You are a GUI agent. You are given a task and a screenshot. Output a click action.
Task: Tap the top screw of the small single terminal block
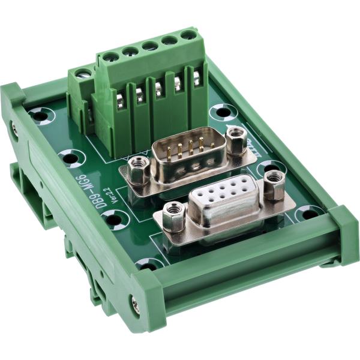pos(82,74)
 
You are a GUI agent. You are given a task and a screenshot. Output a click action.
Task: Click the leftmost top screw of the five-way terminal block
pos(110,58)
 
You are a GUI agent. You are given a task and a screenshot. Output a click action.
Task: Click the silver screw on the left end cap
pos(13,127)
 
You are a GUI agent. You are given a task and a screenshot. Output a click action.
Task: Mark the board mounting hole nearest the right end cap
pos(310,213)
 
